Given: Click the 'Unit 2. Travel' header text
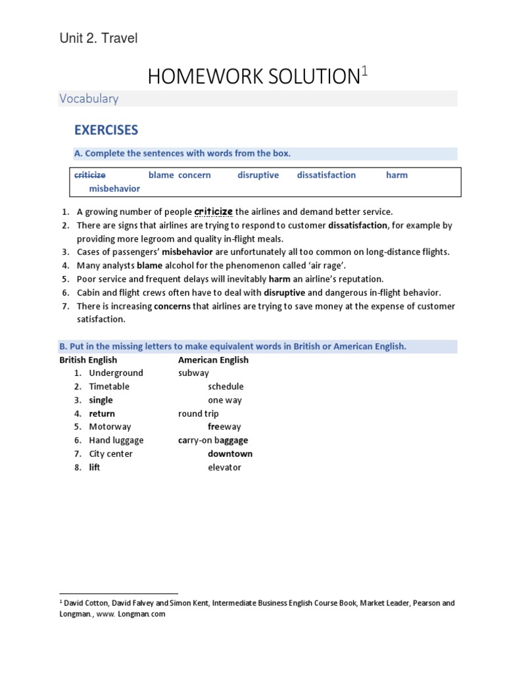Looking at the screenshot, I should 99,39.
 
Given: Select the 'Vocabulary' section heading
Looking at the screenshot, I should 89,99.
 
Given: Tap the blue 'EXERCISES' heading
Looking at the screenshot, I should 106,129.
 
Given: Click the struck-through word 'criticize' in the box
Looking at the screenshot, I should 90,175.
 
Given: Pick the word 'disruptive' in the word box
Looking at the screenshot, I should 258,175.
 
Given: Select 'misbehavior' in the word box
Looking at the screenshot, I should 114,189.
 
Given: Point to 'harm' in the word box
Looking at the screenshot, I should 397,175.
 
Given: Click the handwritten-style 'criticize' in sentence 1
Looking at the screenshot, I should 214,212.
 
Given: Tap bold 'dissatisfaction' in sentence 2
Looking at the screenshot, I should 358,225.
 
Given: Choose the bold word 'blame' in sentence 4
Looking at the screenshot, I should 149,266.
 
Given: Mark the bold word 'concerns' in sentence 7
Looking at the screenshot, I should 172,306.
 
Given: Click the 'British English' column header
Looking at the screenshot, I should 88,360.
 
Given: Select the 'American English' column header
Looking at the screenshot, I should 213,360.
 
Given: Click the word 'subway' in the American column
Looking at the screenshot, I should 193,373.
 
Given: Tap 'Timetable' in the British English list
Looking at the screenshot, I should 109,386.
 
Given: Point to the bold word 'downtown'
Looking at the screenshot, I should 230,454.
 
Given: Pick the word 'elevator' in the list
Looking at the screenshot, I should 224,467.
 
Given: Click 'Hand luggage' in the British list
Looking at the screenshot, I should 116,440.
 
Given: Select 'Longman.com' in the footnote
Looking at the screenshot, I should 143,615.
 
